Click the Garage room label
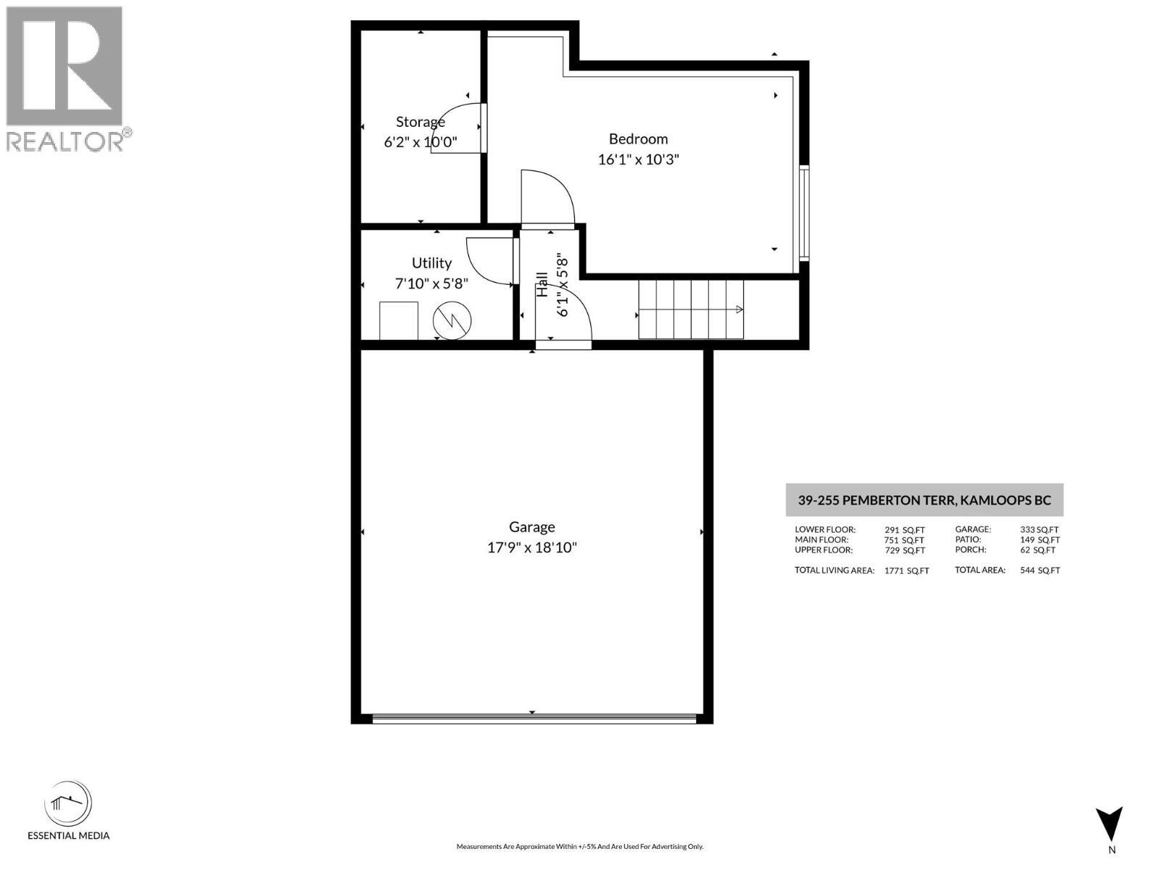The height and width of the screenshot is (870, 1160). coord(531,527)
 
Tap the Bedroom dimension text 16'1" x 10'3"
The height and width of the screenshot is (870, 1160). coord(638,159)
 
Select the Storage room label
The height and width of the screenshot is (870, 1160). coord(420,122)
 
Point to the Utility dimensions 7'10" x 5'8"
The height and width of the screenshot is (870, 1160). coord(431,283)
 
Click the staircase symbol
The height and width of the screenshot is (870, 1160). coord(691,310)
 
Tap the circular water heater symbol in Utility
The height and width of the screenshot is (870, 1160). coord(452,320)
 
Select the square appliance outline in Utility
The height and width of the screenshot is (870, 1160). coord(399,320)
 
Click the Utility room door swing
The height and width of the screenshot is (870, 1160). coord(489,261)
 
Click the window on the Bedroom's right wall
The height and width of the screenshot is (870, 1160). coord(804,212)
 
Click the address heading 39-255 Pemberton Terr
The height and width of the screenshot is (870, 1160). coord(924,500)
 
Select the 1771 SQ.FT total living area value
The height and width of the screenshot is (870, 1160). coord(906,571)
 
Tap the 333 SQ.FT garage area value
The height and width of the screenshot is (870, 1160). coord(1039,530)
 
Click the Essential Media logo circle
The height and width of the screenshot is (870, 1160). coord(68,803)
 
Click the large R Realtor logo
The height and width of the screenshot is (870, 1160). coord(64,67)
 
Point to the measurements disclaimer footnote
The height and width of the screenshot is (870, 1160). coord(579,846)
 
